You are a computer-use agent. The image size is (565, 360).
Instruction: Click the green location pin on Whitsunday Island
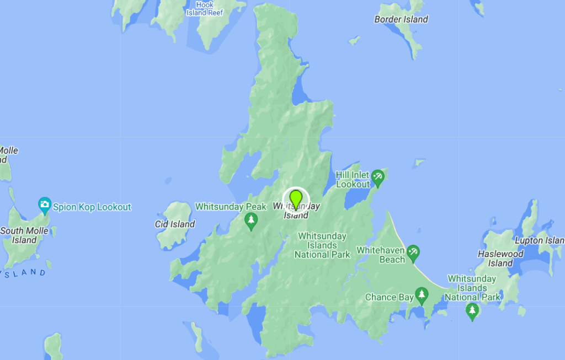tap(296, 198)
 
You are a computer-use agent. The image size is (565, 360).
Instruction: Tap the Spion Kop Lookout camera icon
tap(45, 206)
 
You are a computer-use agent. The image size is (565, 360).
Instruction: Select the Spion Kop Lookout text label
tap(92, 207)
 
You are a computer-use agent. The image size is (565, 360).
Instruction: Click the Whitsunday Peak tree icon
tap(251, 221)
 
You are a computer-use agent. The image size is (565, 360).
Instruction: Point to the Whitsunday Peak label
tap(231, 207)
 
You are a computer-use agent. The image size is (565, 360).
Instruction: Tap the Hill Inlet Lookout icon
tap(378, 178)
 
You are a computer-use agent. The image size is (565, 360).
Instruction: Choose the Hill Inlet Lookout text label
tap(353, 180)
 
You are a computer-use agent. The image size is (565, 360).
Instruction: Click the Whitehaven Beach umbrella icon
tap(413, 254)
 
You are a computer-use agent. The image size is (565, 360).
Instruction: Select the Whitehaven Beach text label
tap(381, 255)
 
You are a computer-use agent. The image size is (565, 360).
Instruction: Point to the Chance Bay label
tap(389, 297)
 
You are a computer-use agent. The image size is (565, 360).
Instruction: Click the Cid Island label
tap(175, 224)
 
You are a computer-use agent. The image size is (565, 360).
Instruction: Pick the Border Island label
tap(401, 19)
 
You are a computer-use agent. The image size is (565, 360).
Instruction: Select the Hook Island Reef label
tap(204, 9)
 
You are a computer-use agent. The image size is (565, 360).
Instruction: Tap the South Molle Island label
tap(25, 235)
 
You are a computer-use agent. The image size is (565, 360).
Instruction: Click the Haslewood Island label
tap(500, 259)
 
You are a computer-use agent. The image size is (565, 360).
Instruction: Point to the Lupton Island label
tap(539, 240)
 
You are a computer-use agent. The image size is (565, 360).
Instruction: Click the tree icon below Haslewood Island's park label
tap(472, 311)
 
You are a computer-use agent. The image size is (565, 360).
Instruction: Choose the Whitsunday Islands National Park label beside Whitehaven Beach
tap(322, 245)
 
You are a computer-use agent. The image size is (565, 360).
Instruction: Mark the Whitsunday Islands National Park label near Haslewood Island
tap(472, 288)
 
